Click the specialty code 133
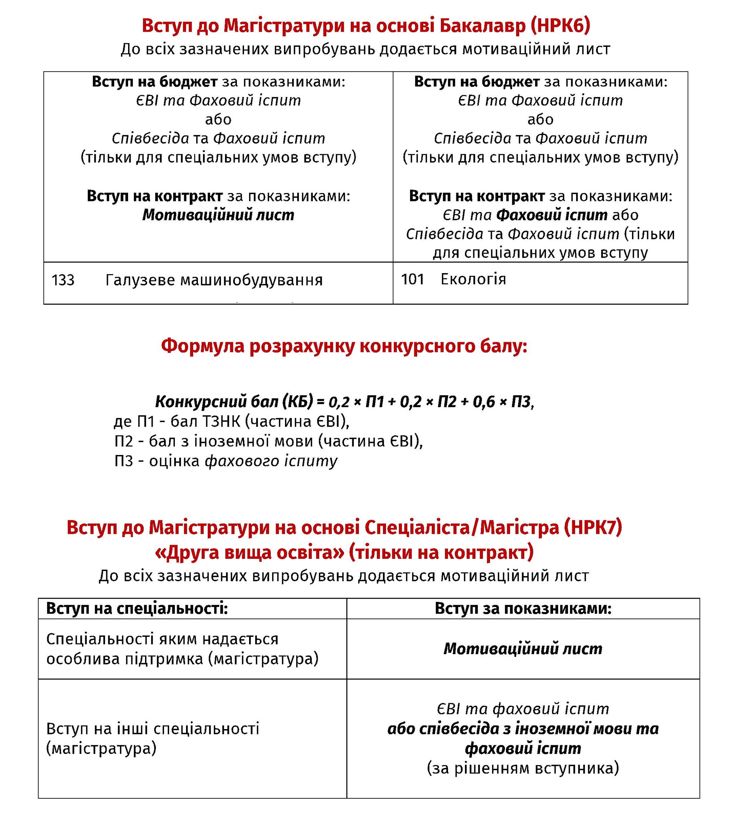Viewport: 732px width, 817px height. tap(63, 280)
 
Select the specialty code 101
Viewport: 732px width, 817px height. tap(412, 279)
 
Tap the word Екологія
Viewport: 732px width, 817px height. tap(473, 279)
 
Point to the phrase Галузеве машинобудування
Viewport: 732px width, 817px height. tap(214, 280)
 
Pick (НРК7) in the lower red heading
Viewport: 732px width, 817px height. tap(592, 527)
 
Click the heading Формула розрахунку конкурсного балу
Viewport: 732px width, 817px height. tap(344, 346)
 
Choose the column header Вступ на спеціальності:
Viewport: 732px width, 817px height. tap(137, 608)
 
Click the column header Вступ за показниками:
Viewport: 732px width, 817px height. tap(523, 608)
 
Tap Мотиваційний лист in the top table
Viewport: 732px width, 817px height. tap(218, 215)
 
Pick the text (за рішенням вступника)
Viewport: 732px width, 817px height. tap(523, 768)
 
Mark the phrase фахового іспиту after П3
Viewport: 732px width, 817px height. tap(271, 461)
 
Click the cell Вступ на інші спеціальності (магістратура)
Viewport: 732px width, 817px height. tap(153, 738)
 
